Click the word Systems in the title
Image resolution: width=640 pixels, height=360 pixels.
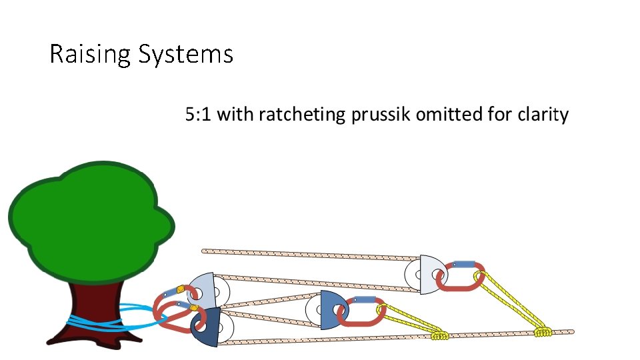pos(186,54)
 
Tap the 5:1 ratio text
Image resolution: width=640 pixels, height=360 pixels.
pos(199,115)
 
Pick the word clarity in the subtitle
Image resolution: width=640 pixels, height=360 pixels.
pos(543,115)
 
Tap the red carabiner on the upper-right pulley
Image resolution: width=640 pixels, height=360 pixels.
pos(459,278)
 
